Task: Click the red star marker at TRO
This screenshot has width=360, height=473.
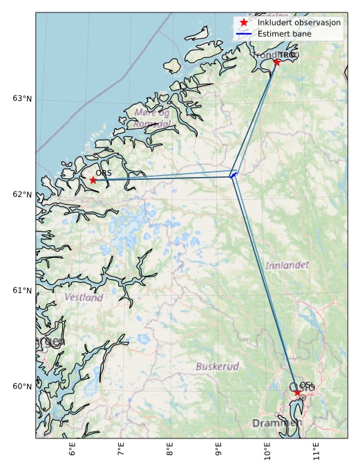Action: (276, 62)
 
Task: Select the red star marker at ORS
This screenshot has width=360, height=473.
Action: (93, 180)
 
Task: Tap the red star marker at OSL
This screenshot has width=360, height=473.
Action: (298, 392)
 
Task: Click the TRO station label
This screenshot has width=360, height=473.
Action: (286, 55)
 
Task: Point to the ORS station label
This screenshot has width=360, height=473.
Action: (104, 173)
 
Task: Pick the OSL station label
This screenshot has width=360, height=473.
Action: (307, 385)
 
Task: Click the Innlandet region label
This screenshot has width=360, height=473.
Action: (287, 265)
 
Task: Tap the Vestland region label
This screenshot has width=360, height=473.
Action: (84, 297)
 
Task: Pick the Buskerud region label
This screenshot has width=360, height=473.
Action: (217, 366)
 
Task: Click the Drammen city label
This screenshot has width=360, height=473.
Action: (277, 423)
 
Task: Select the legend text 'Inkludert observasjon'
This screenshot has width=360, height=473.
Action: (299, 22)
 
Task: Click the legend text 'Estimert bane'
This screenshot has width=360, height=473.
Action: (284, 33)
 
